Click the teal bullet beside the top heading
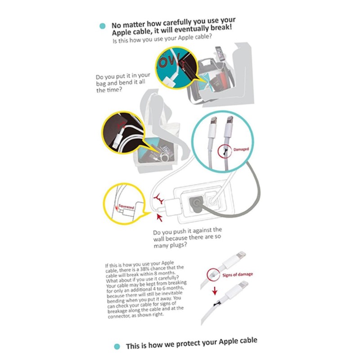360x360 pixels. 103,26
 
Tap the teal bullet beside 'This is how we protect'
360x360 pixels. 117,346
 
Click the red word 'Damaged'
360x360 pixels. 241,149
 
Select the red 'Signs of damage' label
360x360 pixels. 238,274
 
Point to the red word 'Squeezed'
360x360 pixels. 126,207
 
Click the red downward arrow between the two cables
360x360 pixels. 215,291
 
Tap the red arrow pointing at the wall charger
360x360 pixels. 159,217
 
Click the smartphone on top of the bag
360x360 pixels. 220,54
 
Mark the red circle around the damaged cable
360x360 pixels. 225,152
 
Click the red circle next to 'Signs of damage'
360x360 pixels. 213,275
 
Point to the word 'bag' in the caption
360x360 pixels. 101,83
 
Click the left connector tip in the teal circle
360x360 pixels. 213,121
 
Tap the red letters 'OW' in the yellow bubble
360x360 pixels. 169,61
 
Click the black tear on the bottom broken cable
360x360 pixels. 217,304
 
